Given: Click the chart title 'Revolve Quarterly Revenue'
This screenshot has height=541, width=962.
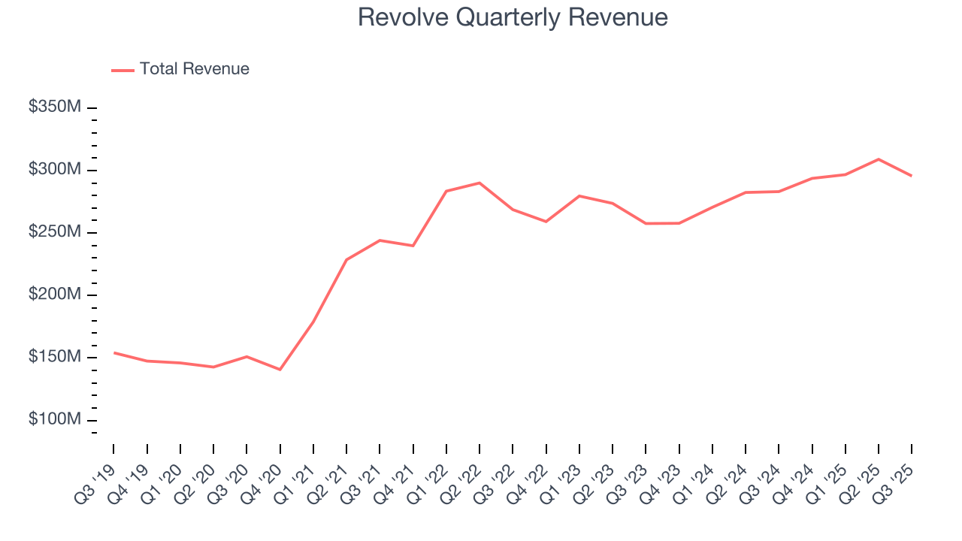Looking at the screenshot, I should pos(513,17).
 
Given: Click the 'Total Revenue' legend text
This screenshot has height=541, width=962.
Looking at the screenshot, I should pos(194,69).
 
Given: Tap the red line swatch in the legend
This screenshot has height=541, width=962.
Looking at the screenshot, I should pos(123,70).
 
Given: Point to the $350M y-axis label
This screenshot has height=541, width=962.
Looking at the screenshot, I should pos(55,107).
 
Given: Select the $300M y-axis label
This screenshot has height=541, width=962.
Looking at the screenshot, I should pos(55,170).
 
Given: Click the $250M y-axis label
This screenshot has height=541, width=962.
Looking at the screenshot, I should pos(55,232).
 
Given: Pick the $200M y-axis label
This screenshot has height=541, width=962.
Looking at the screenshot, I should pos(55,295).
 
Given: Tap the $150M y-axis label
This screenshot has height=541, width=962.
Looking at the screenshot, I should pos(55,357).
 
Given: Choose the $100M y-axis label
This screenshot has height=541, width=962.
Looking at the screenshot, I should pos(55,419).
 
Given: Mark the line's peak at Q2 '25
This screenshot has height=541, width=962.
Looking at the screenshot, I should pos(879,159).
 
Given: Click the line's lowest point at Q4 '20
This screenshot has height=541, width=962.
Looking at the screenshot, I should pos(280,370).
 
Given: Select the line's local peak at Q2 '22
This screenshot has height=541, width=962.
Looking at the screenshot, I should pos(479,183).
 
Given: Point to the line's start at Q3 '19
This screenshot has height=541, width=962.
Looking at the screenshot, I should pos(114,352).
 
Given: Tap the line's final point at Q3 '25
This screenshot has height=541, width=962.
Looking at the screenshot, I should pos(912,176).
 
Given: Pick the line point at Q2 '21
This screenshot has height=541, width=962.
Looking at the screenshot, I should pos(346,260).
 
